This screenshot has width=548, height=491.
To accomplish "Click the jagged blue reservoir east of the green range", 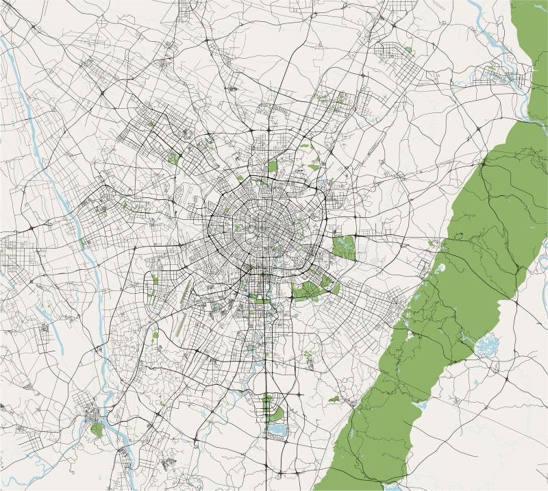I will (487, 344).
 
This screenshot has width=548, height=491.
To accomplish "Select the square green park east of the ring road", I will (343, 247).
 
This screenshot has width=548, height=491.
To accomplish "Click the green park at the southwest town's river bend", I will (97, 429).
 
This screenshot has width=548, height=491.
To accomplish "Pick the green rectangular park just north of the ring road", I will (273, 166).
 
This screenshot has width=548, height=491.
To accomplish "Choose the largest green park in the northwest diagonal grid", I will (174, 158).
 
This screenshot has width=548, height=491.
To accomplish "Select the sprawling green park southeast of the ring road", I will (312, 289).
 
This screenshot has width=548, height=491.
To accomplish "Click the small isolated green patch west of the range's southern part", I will (334, 398).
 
